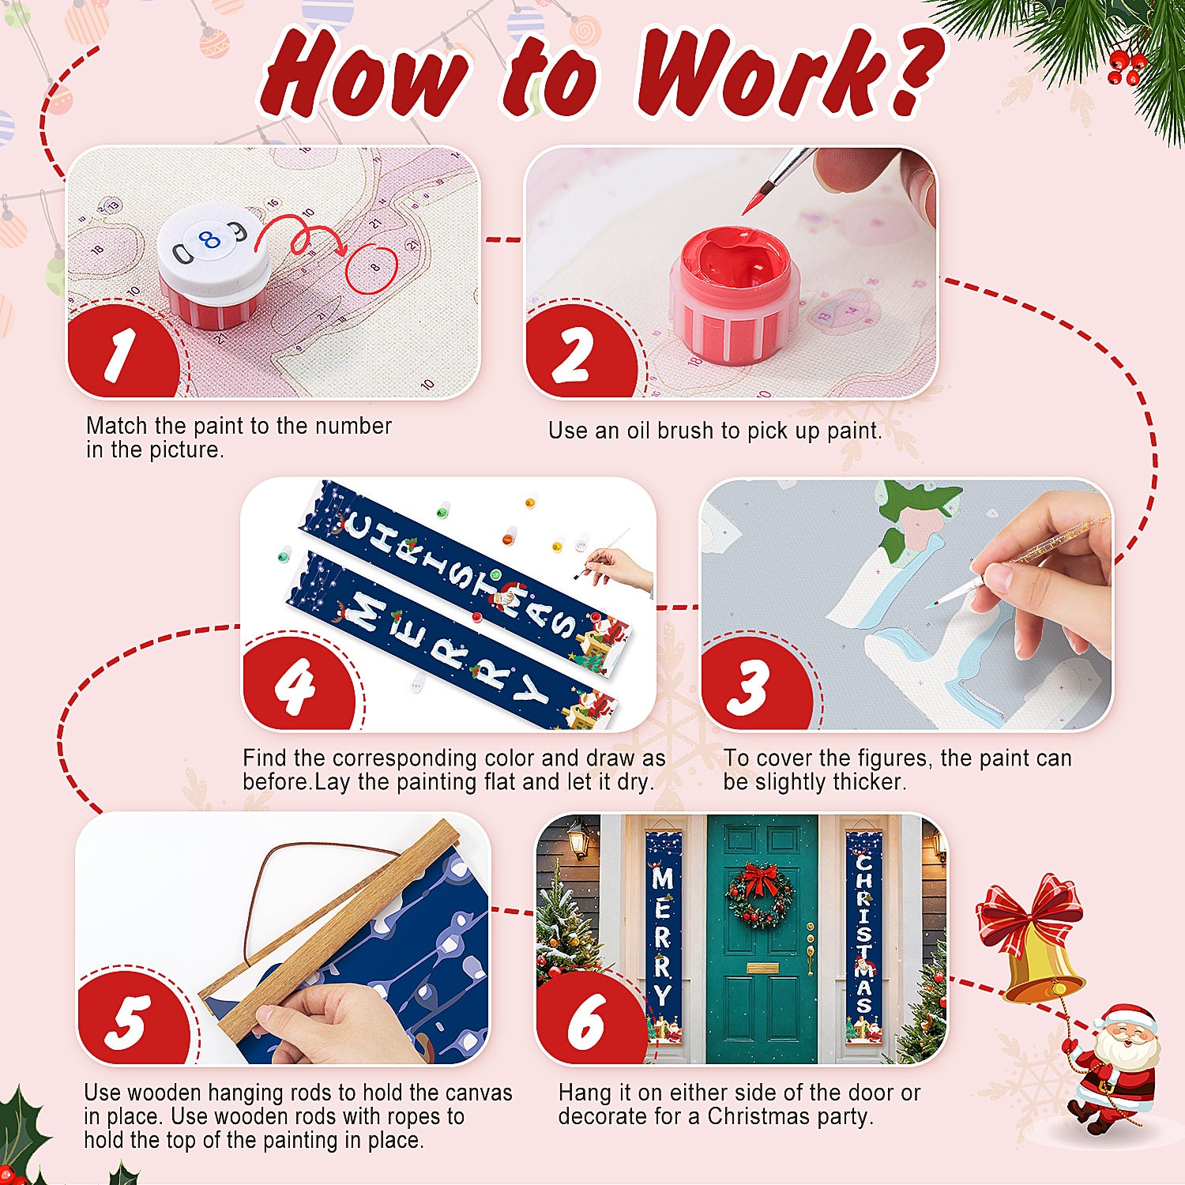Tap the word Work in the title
pos(758,75)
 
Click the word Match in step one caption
pos(117,426)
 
